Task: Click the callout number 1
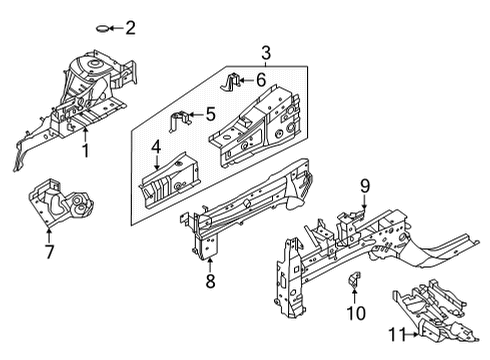pyautogui.click(x=85, y=151)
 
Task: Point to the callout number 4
pyautogui.click(x=156, y=147)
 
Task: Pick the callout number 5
pyautogui.click(x=211, y=114)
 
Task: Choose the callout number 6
pyautogui.click(x=260, y=78)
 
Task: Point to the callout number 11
pyautogui.click(x=398, y=336)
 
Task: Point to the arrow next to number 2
pyautogui.click(x=114, y=27)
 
